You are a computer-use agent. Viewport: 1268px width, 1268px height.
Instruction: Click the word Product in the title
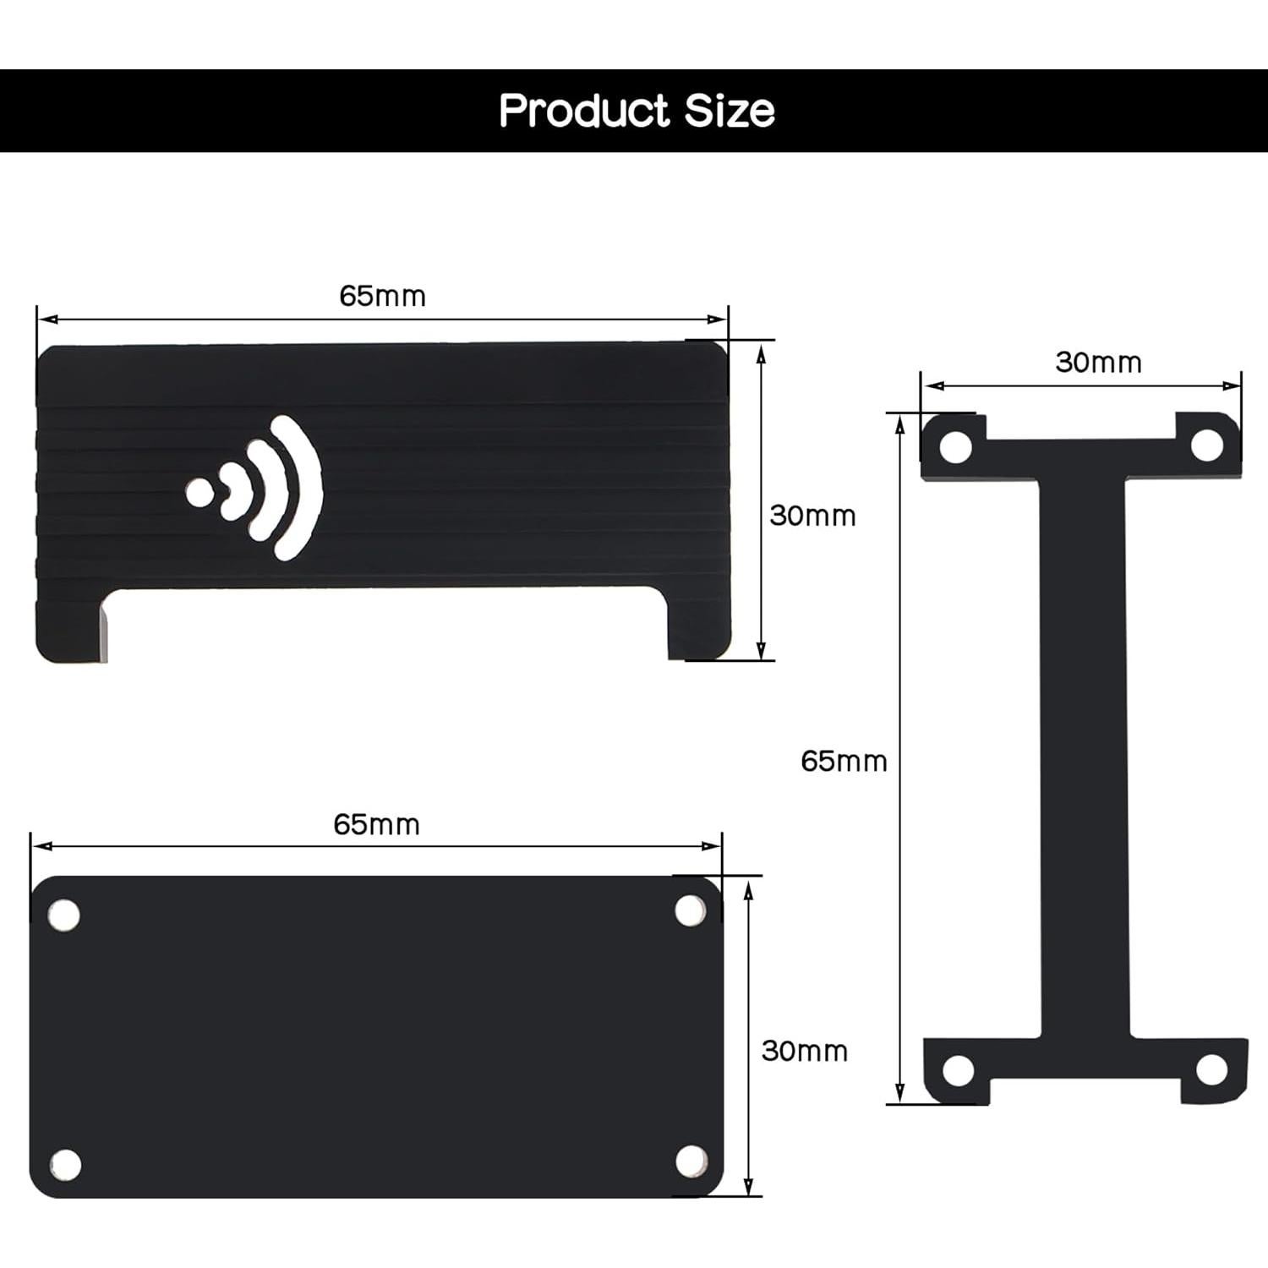click(584, 111)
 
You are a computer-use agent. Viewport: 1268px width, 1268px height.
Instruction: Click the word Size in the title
click(730, 111)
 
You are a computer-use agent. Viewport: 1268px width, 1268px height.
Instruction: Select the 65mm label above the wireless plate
click(382, 296)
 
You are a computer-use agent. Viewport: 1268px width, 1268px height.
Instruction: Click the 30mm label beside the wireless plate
click(812, 516)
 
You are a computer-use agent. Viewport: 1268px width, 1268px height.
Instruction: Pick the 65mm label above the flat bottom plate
click(376, 824)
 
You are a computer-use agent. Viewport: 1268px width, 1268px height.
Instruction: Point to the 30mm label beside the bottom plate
click(804, 1051)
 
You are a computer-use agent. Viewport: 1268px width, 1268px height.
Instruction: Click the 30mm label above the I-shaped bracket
click(1098, 362)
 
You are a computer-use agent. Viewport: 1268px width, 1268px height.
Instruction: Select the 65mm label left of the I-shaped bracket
click(844, 761)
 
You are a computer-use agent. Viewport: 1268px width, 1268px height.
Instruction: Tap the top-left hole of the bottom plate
click(63, 915)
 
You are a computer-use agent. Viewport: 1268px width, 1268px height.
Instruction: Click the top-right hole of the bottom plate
click(691, 910)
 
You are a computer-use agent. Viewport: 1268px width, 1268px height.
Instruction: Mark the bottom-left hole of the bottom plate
click(65, 1164)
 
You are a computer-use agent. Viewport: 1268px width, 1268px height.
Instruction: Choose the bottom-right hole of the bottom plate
click(691, 1160)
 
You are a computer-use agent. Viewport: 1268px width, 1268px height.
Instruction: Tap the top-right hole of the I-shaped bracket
click(1206, 445)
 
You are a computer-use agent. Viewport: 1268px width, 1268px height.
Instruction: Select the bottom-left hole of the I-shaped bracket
click(957, 1070)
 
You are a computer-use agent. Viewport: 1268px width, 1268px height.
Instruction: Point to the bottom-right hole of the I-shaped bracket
click(1211, 1069)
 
